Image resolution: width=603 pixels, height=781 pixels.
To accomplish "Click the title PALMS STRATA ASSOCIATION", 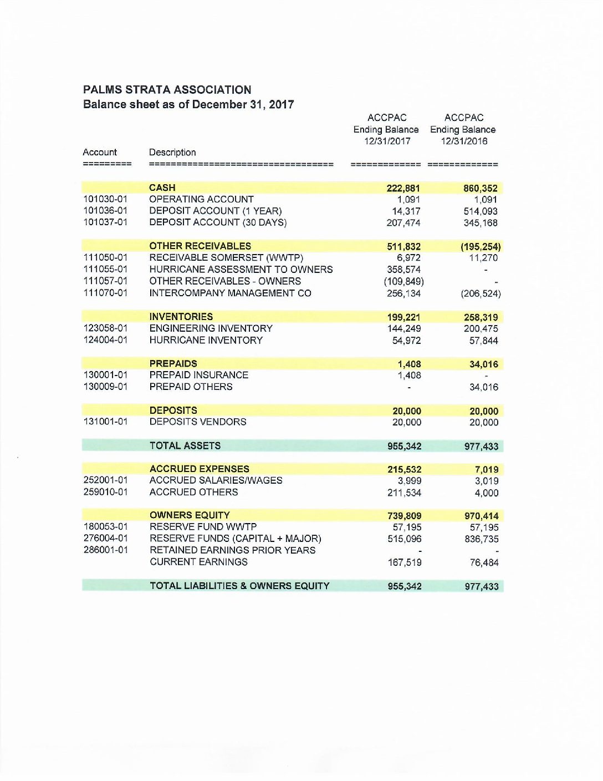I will [x=167, y=90].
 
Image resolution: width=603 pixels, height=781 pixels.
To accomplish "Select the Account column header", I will [x=100, y=153].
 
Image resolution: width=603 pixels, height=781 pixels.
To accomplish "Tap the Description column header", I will [x=172, y=153].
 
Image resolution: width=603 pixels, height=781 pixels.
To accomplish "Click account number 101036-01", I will [x=105, y=211].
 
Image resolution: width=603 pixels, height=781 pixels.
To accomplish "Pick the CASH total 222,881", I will [x=403, y=188].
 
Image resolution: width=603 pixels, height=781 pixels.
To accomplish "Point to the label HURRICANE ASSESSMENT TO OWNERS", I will [x=241, y=270].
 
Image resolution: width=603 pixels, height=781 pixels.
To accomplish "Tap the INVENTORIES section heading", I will [x=181, y=317].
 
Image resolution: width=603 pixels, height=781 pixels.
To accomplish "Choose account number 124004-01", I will [x=105, y=340].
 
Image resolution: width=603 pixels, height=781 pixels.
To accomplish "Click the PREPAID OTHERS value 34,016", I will [x=483, y=387].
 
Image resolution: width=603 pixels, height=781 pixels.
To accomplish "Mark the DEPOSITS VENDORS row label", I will [x=198, y=422].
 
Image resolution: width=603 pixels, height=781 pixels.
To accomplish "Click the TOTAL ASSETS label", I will [x=185, y=446].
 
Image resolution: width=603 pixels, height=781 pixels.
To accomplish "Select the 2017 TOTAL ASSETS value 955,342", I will [x=404, y=447].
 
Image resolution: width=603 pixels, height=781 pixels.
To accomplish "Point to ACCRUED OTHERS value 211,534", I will [x=404, y=493].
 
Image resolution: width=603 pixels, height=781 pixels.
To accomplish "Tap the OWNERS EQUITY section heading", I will [x=190, y=515].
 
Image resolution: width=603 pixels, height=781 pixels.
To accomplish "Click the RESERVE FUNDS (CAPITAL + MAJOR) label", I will [x=236, y=539].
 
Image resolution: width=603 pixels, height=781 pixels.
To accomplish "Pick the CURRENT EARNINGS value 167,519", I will [x=404, y=562].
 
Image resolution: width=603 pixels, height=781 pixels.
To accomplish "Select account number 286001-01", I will [x=105, y=550].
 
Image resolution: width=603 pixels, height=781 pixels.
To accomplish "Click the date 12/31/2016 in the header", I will [x=464, y=141].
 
